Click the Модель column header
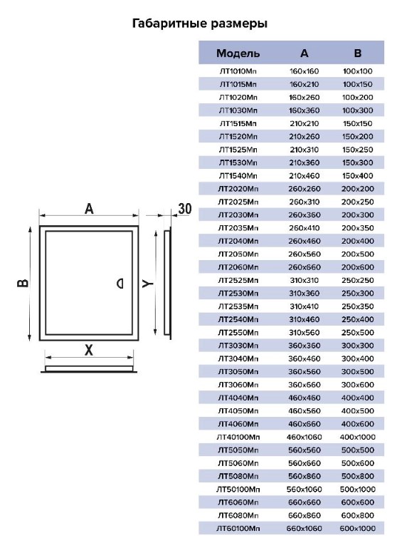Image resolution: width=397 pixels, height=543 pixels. [x=238, y=53]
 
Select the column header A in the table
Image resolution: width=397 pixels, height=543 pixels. [x=304, y=53]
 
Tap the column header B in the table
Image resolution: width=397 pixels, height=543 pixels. [x=358, y=53]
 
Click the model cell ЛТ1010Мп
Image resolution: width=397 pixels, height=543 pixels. [x=238, y=71]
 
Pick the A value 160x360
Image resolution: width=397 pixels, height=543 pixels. [x=305, y=110]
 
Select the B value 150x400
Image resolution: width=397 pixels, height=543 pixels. [x=358, y=176]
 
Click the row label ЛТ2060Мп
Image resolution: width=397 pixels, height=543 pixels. [x=238, y=267]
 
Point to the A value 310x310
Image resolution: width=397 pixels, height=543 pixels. [x=305, y=281]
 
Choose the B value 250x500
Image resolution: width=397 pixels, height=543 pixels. [x=358, y=333]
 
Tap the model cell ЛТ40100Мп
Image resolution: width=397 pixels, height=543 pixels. [x=238, y=438]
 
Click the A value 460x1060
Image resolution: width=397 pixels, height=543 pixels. [x=305, y=438]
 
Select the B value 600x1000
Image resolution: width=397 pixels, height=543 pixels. [x=358, y=529]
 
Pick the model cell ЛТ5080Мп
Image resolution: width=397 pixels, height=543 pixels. [x=238, y=477]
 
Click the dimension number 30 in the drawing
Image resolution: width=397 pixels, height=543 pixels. [x=185, y=209]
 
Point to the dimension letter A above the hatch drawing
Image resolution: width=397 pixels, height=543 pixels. [x=89, y=209]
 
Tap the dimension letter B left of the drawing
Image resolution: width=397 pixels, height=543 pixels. [x=23, y=283]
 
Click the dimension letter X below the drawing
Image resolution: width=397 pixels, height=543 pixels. [x=89, y=350]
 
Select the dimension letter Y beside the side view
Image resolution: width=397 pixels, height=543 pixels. [x=148, y=284]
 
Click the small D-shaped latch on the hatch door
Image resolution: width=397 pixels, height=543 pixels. [x=120, y=284]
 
